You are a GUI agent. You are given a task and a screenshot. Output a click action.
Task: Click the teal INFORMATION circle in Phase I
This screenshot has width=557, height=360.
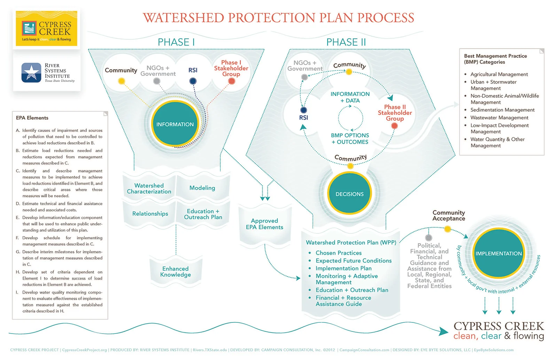click(175, 124)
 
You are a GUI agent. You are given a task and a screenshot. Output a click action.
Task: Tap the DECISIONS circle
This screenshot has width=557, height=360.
click(350, 194)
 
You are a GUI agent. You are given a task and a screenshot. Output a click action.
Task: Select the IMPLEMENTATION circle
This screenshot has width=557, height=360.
click(499, 254)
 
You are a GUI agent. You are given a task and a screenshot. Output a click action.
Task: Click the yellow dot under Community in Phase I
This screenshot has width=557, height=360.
click(121, 81)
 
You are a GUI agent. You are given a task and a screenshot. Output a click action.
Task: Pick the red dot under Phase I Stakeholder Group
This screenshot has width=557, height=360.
click(232, 81)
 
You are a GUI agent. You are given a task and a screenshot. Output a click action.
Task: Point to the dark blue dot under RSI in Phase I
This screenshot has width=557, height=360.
click(193, 81)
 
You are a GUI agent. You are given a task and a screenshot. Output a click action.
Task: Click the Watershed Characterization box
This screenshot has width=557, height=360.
click(149, 189)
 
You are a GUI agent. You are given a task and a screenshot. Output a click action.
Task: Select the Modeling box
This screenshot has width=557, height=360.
click(202, 188)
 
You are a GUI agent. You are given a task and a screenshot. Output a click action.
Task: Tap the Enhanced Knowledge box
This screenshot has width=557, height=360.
click(175, 272)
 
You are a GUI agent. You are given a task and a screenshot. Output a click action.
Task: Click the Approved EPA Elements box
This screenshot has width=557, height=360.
click(265, 224)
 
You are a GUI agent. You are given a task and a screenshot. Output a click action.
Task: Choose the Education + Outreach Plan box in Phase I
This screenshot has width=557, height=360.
click(203, 214)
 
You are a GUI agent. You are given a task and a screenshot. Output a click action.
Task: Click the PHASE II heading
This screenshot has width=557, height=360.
click(346, 42)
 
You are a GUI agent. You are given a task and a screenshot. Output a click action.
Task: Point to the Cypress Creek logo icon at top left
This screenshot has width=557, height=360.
click(29, 29)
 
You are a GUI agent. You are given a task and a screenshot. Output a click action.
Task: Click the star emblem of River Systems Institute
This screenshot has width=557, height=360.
click(31, 72)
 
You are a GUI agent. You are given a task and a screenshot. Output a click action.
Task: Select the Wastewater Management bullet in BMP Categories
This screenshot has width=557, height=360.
click(499, 118)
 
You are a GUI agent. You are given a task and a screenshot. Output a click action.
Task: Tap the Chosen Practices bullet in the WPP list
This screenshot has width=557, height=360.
click(338, 253)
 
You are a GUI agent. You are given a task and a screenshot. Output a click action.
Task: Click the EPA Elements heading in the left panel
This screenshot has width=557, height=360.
click(32, 118)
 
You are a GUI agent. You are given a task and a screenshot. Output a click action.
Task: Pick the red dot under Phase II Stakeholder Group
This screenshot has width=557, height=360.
click(394, 126)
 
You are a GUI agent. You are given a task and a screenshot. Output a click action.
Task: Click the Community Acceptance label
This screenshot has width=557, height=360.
click(449, 215)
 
